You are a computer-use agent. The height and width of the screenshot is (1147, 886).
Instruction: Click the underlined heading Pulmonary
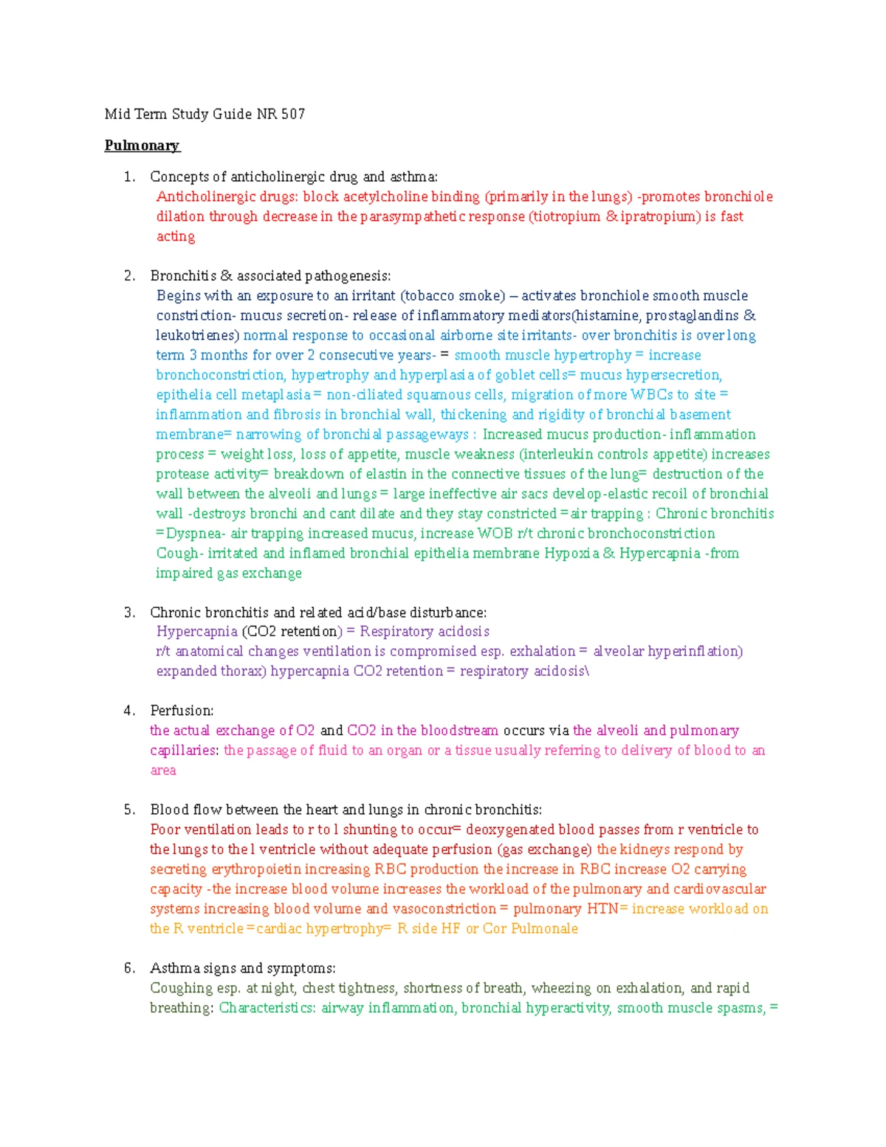142,145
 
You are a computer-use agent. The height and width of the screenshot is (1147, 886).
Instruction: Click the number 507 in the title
293,114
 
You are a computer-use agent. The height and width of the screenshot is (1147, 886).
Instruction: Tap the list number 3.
129,612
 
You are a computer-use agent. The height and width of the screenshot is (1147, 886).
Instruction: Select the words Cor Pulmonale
530,928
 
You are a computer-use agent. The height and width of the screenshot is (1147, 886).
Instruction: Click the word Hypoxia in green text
571,553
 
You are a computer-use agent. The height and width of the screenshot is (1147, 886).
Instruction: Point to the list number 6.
129,968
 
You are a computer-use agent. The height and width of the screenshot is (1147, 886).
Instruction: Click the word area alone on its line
163,770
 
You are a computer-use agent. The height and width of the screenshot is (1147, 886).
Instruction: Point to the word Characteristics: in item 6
267,1008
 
